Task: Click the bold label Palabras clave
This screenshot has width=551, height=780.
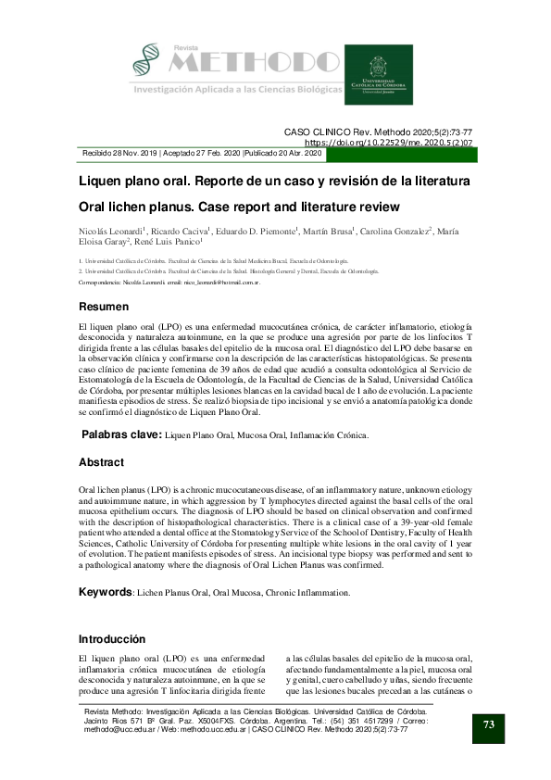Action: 123,434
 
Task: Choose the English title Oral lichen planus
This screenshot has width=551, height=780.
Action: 239,205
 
